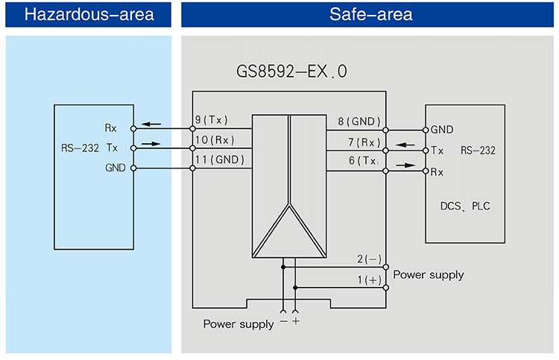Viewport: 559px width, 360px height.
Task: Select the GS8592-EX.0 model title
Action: click(291, 72)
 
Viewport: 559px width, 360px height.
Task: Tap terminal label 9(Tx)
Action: click(212, 120)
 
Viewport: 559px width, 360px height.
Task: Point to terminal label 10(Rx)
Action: click(215, 140)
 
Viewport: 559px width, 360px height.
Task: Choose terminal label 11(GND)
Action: click(218, 160)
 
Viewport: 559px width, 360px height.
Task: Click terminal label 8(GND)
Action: click(359, 121)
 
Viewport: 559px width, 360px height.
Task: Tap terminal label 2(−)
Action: click(368, 259)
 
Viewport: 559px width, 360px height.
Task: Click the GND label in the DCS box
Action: click(442, 129)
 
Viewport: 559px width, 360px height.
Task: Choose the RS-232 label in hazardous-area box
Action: click(80, 148)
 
